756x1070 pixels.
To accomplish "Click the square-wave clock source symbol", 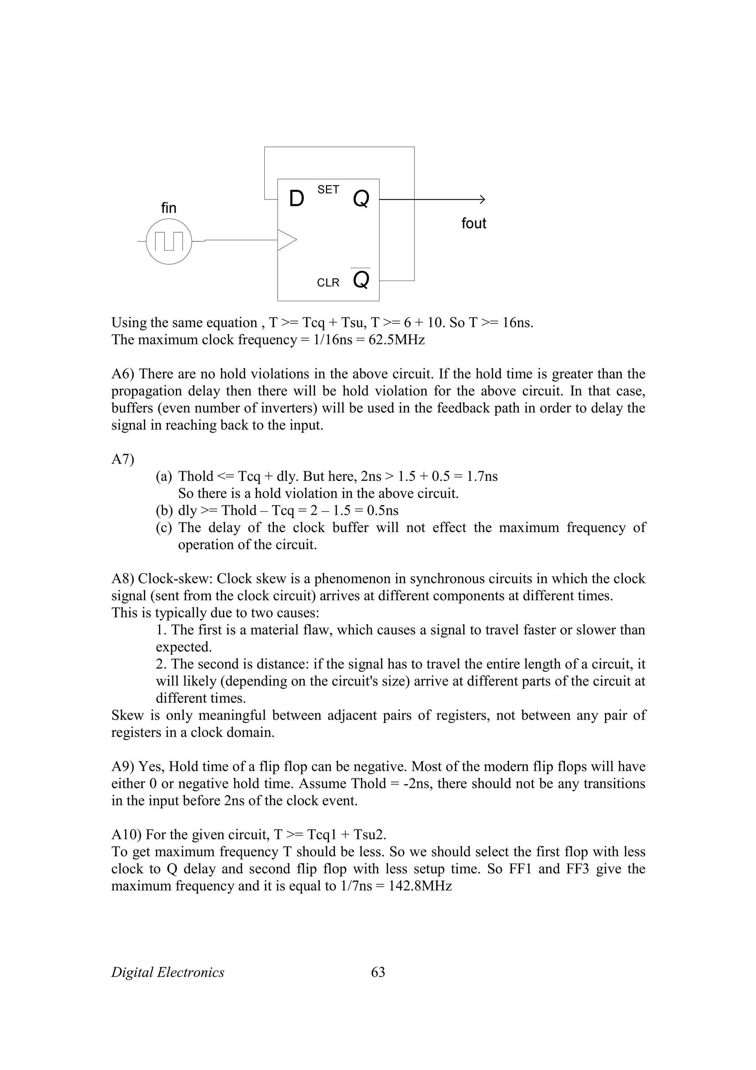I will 169,241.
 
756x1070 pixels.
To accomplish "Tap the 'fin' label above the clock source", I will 169,208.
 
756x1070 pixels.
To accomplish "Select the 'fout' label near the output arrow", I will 473,224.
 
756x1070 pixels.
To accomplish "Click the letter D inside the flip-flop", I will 296,199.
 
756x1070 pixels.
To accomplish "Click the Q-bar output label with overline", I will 361,279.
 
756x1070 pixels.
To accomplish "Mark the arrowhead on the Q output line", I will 482,199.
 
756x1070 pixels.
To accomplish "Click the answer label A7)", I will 123,460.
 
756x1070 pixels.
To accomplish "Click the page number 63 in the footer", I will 378,973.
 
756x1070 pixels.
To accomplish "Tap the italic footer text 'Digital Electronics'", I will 168,973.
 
